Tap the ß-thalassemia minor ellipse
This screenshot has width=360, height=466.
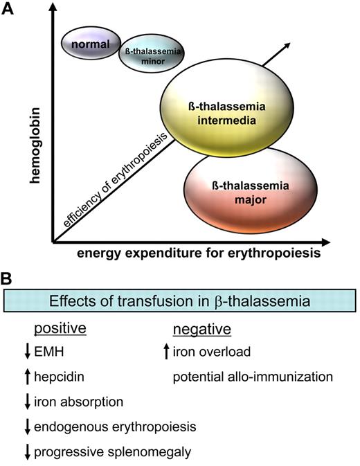(148, 55)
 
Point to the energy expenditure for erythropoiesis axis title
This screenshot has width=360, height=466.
(188, 253)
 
